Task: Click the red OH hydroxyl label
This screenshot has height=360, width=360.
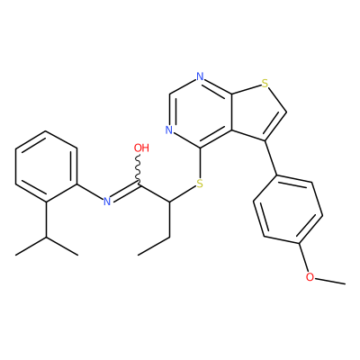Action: (141, 148)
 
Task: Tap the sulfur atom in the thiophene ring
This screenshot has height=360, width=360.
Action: (265, 83)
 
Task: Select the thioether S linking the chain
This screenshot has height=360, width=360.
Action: (200, 184)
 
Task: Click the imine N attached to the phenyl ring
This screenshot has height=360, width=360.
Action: (107, 202)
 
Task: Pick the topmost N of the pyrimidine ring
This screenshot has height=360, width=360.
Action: (200, 76)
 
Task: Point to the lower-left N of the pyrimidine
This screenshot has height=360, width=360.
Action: (169, 130)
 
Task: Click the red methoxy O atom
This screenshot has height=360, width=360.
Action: (310, 276)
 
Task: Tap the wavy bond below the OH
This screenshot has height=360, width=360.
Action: (139, 170)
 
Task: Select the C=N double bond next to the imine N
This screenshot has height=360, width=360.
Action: (125, 193)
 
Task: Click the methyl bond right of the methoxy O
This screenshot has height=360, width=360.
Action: (330, 280)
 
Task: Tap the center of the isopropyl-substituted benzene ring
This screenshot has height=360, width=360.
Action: (46, 166)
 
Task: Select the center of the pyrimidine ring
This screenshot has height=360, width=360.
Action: (200, 112)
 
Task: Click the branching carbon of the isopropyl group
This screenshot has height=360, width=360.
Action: (47, 237)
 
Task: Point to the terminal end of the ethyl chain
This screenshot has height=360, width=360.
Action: (138, 256)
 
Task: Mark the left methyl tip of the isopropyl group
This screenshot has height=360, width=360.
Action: (15, 256)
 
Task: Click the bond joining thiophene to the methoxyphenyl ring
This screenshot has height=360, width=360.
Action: (271, 158)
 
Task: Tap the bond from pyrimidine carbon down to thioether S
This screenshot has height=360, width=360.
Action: (200, 163)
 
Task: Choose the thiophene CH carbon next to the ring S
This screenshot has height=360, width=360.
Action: (286, 112)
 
